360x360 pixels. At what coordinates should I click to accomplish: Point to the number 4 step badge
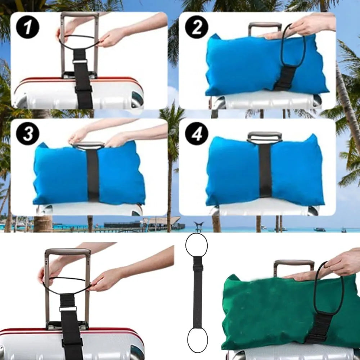197,134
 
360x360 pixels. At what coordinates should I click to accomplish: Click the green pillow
266,310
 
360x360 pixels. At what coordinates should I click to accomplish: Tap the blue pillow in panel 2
245,65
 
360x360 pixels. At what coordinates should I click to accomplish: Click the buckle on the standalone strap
198,267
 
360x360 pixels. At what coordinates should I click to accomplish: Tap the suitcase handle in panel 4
265,137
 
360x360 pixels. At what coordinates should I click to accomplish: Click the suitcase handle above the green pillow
293,264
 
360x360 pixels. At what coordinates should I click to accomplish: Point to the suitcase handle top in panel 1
80,15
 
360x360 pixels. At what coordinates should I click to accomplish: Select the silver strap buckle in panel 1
80,61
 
